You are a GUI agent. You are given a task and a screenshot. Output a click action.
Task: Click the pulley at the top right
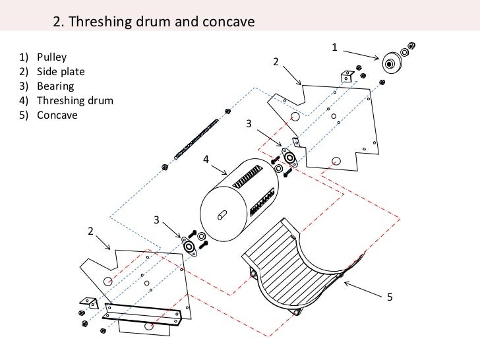392,64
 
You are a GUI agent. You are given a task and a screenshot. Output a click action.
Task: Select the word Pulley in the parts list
51,57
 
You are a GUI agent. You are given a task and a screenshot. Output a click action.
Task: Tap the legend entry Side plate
61,71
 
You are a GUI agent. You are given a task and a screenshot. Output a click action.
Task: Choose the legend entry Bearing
55,86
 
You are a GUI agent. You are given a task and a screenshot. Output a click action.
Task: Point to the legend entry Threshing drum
75,100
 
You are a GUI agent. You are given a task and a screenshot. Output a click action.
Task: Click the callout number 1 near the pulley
334,47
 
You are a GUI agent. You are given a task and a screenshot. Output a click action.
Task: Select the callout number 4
206,159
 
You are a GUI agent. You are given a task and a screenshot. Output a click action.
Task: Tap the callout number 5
390,297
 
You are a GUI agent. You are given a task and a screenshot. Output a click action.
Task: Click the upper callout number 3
249,123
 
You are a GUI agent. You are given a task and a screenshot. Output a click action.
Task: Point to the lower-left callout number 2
90,231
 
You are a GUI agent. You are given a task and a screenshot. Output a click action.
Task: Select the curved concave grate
297,264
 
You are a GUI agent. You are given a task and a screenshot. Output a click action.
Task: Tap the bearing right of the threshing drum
289,158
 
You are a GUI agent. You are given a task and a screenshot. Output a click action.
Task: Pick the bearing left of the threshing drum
191,247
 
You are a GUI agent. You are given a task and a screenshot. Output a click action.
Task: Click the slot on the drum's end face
223,214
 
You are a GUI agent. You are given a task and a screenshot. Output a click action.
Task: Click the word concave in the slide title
222,22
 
